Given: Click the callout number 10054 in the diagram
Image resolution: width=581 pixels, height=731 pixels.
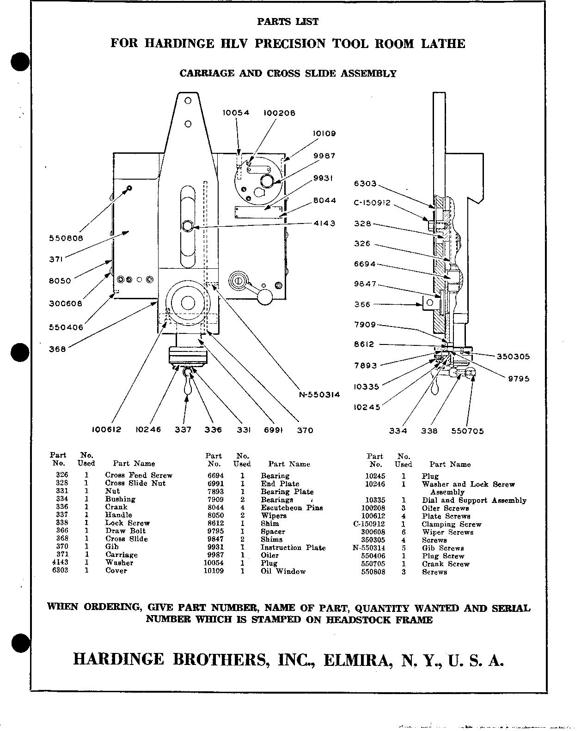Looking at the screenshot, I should coord(236,113).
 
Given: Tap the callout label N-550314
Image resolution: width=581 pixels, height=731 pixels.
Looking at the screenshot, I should coord(318,394).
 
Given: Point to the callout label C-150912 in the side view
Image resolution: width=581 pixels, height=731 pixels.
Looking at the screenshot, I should coord(372,203).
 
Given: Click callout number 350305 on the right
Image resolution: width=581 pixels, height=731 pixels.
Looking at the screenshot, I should coord(513,356).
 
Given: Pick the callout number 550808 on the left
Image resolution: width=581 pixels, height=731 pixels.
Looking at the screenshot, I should coord(67,239).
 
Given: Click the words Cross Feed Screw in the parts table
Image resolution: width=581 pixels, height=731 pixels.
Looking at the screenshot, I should coord(138,475).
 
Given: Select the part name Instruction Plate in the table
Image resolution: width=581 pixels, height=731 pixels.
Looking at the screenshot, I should coord(293,548).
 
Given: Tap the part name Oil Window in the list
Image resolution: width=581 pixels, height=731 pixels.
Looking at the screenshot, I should coord(283,571).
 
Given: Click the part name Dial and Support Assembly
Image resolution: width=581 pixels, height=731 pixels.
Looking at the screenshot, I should coord(473,500).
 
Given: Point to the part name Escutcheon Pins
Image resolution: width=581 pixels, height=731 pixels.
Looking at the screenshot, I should coord(291,507).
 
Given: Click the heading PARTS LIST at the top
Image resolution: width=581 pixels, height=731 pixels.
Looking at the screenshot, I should coord(287,22).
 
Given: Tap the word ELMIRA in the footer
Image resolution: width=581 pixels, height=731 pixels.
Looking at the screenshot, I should coord(359,660).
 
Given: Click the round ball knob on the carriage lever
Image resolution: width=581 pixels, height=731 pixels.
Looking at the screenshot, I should coord(265,297).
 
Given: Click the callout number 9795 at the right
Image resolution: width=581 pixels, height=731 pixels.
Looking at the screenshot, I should coord(519,379).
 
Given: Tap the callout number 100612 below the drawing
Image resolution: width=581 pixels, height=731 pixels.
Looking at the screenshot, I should coord(106,430).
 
